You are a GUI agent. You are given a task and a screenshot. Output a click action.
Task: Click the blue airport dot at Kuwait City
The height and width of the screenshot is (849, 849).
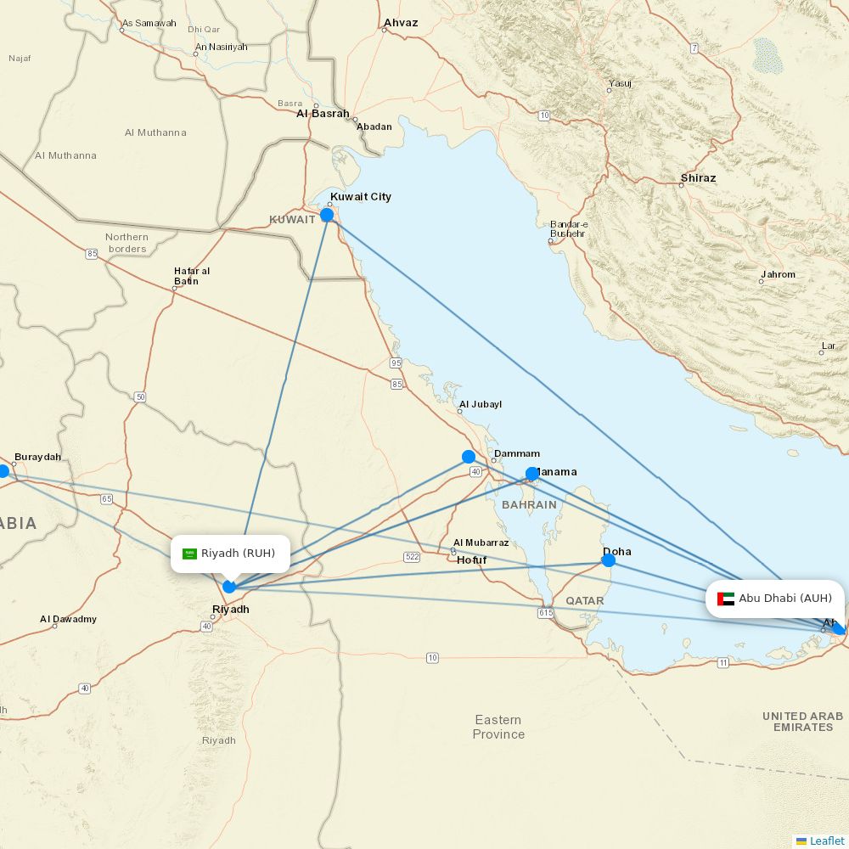(x=327, y=215)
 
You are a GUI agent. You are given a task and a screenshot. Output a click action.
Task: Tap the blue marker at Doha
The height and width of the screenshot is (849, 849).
(x=608, y=560)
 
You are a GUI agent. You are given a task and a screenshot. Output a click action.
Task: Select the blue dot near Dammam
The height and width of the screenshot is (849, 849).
(x=469, y=457)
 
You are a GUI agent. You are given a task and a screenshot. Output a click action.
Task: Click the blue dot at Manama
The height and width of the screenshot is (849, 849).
(x=532, y=474)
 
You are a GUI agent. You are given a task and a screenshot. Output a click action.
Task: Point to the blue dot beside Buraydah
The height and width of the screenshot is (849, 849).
(x=3, y=471)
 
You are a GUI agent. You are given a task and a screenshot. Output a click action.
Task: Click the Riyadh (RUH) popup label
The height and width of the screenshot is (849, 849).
(x=230, y=554)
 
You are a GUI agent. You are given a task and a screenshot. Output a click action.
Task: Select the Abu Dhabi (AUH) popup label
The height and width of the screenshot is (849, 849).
(x=775, y=599)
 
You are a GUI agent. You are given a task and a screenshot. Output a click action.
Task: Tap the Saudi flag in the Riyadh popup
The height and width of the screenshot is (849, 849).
(x=190, y=554)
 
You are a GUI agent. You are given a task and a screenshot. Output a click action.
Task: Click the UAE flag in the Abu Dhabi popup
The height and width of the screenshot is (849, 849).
(x=726, y=599)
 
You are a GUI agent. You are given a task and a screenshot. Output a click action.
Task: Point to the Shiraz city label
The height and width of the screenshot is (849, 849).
(x=698, y=178)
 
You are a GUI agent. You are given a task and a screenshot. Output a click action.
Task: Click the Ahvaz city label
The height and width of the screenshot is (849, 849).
(x=401, y=23)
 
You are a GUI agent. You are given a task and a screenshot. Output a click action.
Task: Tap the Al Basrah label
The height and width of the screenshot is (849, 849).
(x=323, y=113)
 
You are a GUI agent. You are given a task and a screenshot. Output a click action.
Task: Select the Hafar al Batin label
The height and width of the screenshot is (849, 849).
(x=192, y=276)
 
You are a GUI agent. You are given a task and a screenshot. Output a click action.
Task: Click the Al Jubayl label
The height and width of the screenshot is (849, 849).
(x=481, y=404)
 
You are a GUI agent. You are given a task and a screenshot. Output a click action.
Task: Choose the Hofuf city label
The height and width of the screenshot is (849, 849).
(x=472, y=560)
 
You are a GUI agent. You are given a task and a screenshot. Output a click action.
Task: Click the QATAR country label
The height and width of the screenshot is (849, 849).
(x=585, y=600)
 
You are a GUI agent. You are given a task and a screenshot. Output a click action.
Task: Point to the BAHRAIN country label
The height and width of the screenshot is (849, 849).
(x=529, y=504)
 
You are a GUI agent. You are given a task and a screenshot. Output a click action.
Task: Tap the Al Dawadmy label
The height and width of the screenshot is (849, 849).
(x=69, y=619)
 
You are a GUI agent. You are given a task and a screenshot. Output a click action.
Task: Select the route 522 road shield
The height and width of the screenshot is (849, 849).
(x=412, y=556)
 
